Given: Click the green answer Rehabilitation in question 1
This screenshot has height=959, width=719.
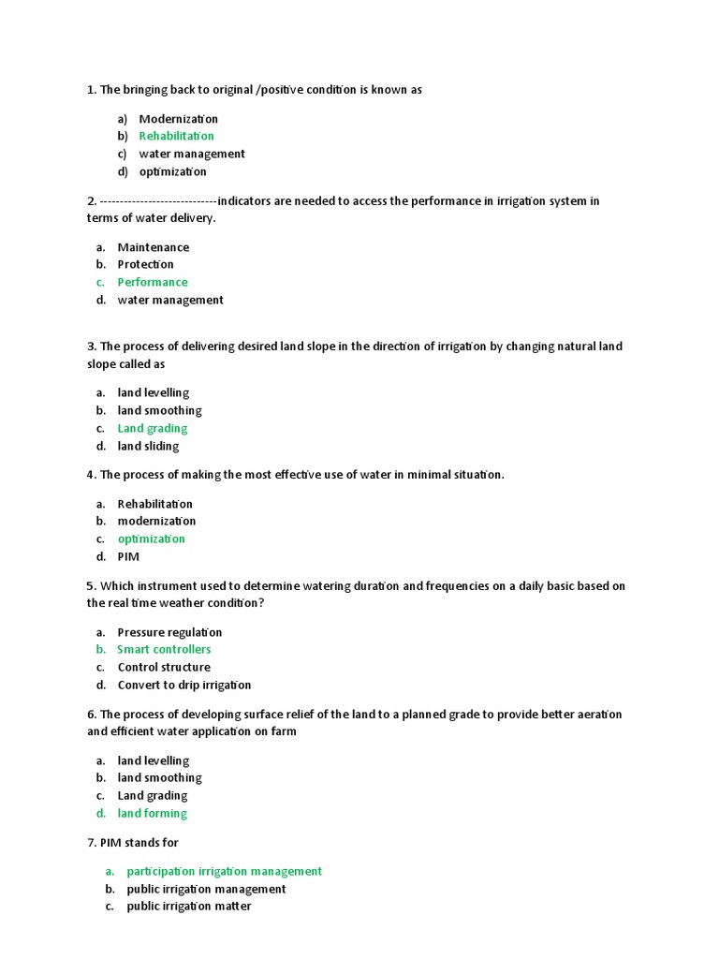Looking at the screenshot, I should point(176,136).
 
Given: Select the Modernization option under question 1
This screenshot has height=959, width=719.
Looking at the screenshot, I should point(178,119).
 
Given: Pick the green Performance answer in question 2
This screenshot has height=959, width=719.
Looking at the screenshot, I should point(152,282).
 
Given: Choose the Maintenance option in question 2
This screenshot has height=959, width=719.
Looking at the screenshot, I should point(153,247).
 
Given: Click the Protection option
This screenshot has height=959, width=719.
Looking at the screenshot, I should point(145,264).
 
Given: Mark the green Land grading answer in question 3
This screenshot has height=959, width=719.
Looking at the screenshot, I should point(152,428).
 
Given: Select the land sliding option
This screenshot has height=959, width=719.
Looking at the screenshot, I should point(148,446).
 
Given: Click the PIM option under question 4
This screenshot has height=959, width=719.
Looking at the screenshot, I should point(128,556).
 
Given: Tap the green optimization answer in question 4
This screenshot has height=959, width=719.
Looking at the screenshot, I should point(151,539).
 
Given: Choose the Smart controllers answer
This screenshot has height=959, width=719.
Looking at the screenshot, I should point(164,649).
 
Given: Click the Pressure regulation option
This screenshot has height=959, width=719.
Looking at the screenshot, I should point(169,632).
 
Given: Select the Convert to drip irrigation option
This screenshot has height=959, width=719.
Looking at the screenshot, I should point(183,685).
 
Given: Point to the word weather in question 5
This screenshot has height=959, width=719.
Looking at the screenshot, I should point(191,603).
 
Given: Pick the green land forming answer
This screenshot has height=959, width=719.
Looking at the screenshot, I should point(152,813).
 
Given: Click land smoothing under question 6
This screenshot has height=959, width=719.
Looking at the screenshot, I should point(159,777).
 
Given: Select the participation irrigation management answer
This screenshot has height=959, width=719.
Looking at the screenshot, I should point(224,871).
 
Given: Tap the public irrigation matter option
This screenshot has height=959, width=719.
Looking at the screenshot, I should point(189,906).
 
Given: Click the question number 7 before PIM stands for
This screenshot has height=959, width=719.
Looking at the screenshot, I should point(92,843).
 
